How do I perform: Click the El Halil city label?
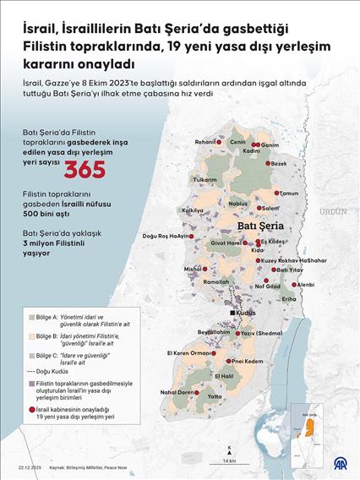coord(221,375)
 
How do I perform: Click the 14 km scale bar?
coord(229,454)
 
